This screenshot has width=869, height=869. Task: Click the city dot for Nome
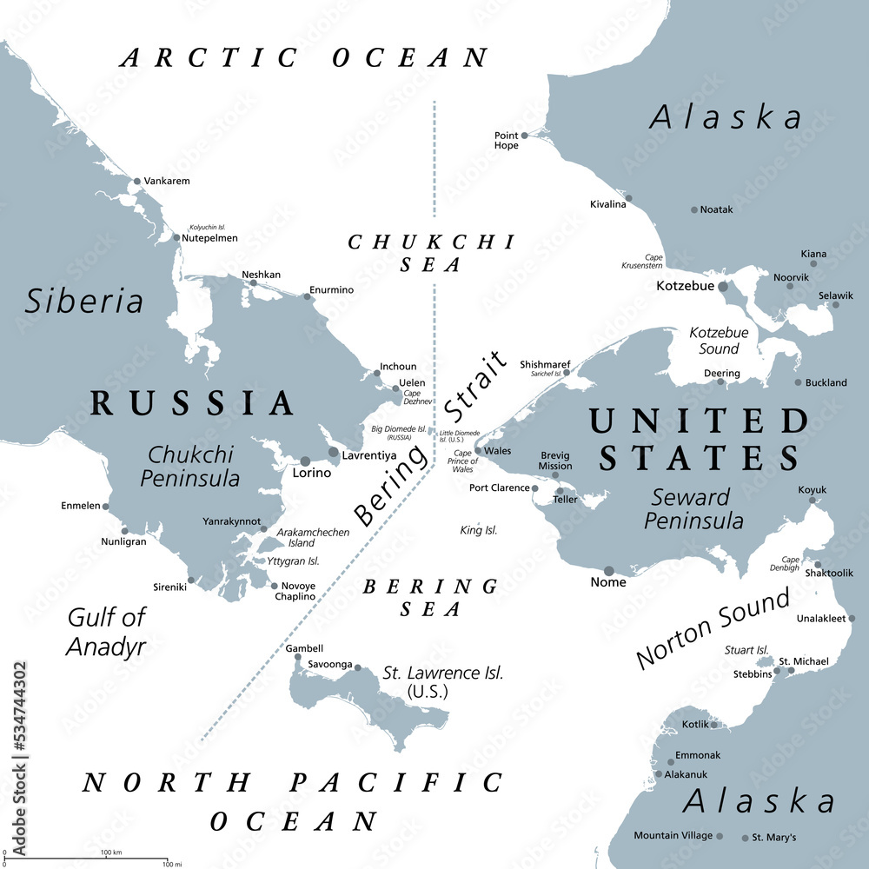pyautogui.click(x=608, y=571)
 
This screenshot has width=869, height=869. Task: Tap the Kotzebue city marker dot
pyautogui.click(x=723, y=286)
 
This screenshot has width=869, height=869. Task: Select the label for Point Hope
pyautogui.click(x=506, y=141)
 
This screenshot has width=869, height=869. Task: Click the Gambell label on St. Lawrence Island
pyautogui.click(x=304, y=648)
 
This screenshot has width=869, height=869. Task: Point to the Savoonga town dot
pyautogui.click(x=357, y=667)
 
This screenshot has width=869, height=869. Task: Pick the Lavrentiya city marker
pyautogui.click(x=333, y=452)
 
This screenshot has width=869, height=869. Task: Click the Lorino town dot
pyautogui.click(x=305, y=461)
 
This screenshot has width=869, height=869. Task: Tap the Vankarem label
pyautogui.click(x=167, y=181)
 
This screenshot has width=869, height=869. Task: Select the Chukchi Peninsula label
pyautogui.click(x=194, y=466)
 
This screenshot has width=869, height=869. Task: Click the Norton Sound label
pyautogui.click(x=713, y=627)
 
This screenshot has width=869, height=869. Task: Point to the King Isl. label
pyautogui.click(x=478, y=529)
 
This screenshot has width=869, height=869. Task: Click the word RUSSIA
pyautogui.click(x=193, y=403)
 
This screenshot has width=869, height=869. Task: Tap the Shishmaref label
pyautogui.click(x=545, y=364)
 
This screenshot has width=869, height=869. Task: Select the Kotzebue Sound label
pyautogui.click(x=719, y=341)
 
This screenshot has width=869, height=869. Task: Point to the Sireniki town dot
pyautogui.click(x=191, y=581)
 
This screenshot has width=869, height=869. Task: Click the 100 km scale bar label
pyautogui.click(x=110, y=852)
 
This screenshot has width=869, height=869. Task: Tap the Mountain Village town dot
pyautogui.click(x=720, y=836)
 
